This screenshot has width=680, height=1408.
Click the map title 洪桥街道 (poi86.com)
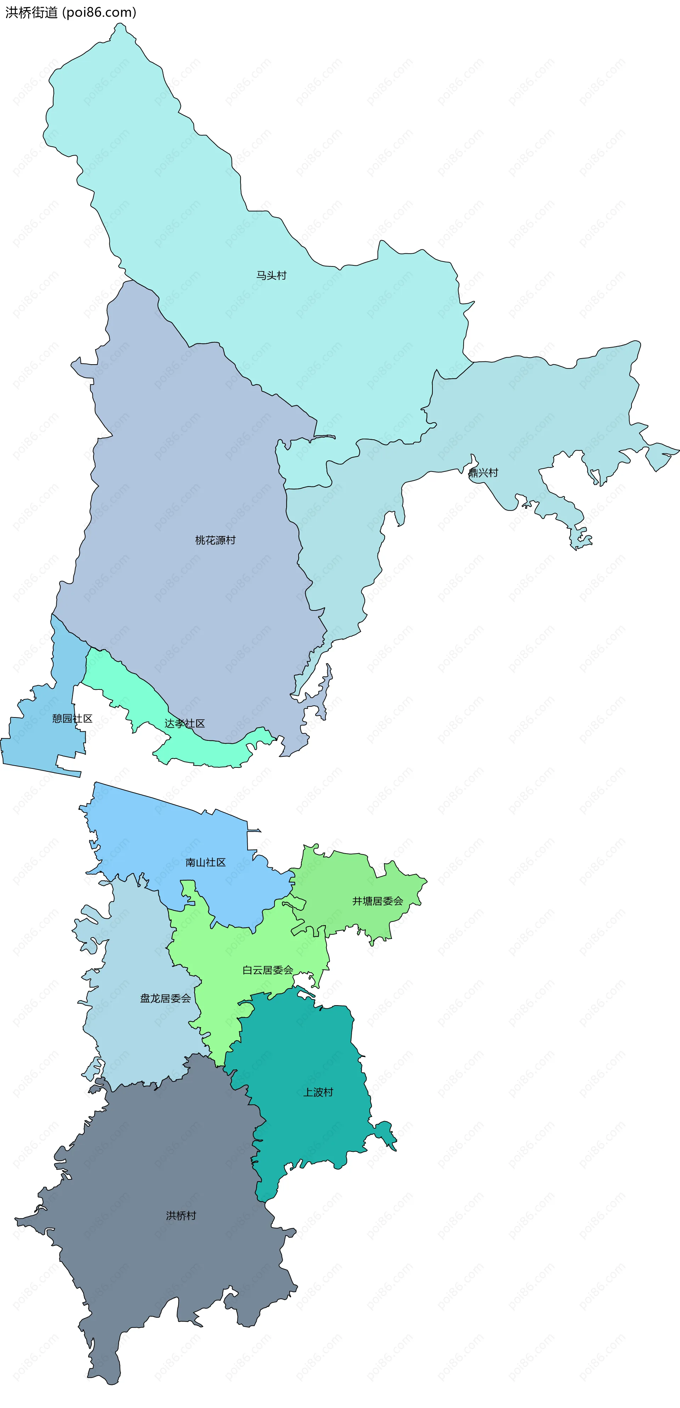(70, 12)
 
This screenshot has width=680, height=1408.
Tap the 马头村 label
(271, 276)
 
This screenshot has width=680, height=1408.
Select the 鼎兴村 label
(483, 473)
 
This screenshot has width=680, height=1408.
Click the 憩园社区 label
(72, 718)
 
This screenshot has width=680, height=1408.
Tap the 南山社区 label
(205, 862)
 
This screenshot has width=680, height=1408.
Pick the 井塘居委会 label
(378, 901)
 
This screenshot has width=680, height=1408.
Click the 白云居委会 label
(268, 970)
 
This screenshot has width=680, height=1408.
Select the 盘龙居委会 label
(165, 998)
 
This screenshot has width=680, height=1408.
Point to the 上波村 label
(318, 1092)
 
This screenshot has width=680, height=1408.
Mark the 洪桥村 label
(181, 1215)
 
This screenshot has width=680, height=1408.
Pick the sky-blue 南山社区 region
(164, 831)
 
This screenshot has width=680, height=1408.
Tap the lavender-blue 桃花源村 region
(191, 464)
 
